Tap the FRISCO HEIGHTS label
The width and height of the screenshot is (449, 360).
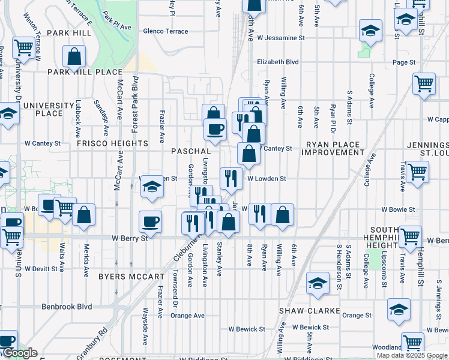[x=112, y=144]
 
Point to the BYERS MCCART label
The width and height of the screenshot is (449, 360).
[x=131, y=277]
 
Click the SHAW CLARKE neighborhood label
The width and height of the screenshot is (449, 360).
[x=309, y=311]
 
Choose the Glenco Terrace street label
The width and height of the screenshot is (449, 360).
[x=165, y=31]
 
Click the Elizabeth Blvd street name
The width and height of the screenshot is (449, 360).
[x=278, y=61]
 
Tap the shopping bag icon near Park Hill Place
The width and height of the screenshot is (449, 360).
[x=74, y=57]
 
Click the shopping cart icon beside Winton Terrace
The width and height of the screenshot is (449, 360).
[x=23, y=47]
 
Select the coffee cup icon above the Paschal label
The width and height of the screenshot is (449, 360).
[x=215, y=128]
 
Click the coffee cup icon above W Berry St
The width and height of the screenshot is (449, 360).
[x=150, y=221]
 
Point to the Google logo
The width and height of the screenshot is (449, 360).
[x=19, y=353]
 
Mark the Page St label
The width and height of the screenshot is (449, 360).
[x=404, y=62]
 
